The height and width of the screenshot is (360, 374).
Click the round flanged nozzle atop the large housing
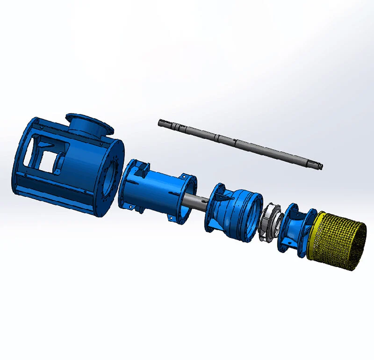88,124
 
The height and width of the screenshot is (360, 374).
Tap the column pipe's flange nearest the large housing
125,185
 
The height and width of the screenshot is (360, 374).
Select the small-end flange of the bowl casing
213,206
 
